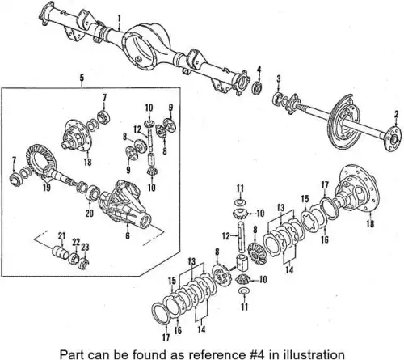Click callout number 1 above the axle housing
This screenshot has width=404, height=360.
[120, 19]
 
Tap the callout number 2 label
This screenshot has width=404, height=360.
[396, 114]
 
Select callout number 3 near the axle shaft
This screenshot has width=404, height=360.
[279, 78]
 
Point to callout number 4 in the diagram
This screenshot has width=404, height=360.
[259, 69]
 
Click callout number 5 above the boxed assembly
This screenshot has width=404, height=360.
[82, 78]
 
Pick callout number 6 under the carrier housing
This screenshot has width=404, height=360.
[128, 235]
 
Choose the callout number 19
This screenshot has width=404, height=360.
[47, 188]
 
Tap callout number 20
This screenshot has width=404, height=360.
[90, 213]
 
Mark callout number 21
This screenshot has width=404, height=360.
[61, 236]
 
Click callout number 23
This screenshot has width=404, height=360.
[85, 247]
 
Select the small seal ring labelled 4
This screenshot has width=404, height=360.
[258, 88]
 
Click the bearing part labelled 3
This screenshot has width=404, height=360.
[278, 98]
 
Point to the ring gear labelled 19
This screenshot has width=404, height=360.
[38, 159]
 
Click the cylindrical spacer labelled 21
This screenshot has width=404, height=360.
[60, 253]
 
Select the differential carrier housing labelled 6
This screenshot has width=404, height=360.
[124, 203]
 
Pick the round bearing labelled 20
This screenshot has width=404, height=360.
[93, 193]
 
